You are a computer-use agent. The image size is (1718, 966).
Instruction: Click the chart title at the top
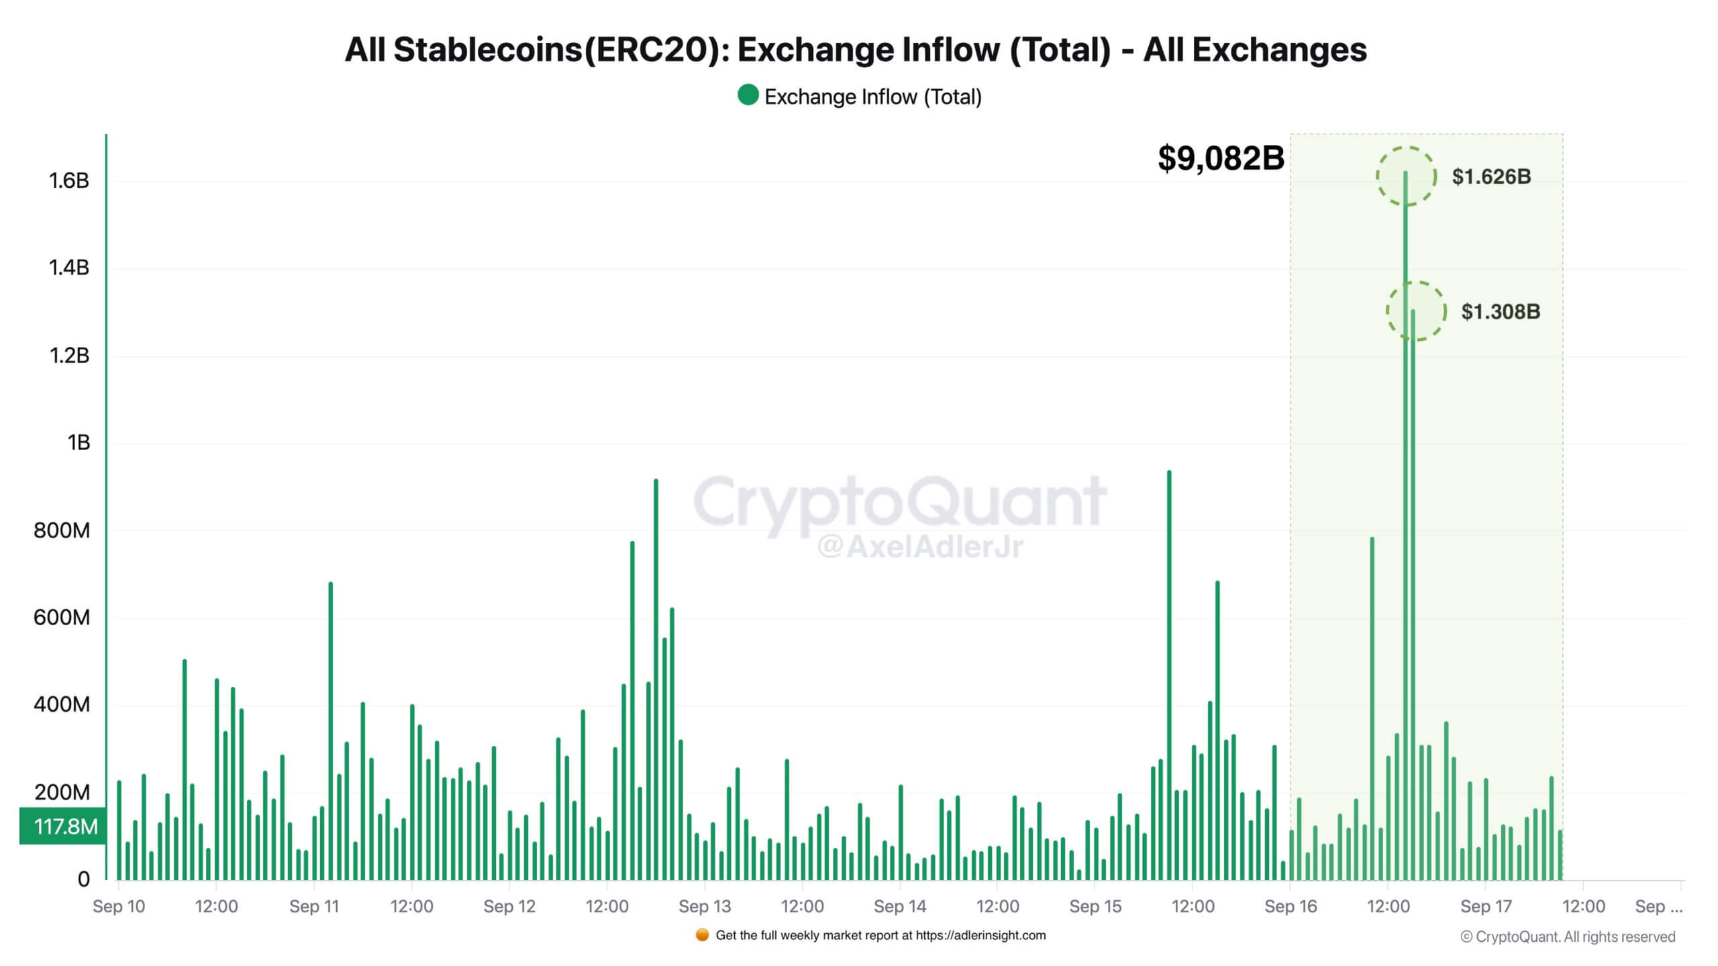tap(856, 50)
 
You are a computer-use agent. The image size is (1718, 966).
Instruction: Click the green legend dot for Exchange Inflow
tap(748, 95)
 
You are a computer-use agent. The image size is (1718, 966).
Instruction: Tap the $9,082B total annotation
tap(1221, 158)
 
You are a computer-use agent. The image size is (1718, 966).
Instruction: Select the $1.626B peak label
tap(1491, 176)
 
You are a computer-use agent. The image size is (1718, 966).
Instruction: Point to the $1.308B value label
tap(1501, 311)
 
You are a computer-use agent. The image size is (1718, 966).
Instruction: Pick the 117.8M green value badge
tap(64, 826)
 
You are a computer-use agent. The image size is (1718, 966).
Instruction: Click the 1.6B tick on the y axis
tap(68, 180)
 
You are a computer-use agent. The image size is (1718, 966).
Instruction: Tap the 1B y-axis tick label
tap(78, 443)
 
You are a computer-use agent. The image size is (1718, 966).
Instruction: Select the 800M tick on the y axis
tap(62, 531)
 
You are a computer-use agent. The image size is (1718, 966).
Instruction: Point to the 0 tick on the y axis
tap(83, 879)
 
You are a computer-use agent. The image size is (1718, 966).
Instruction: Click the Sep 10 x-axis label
tap(119, 906)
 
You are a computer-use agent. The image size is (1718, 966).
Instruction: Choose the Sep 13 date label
tap(705, 906)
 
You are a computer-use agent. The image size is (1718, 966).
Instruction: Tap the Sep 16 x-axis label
tap(1291, 906)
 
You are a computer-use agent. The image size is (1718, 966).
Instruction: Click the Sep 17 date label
tap(1486, 906)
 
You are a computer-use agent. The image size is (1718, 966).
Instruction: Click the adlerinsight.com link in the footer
tap(980, 935)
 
